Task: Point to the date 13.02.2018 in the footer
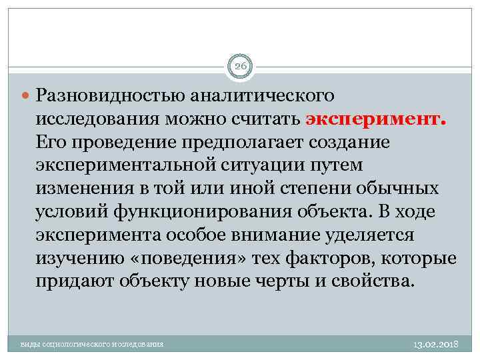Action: tap(433, 343)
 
